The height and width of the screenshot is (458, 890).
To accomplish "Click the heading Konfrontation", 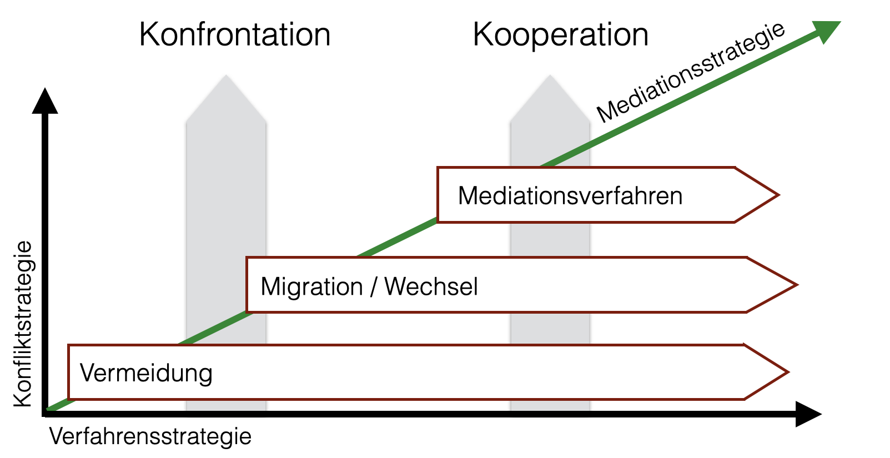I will [x=235, y=35].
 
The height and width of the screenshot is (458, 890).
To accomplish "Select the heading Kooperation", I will [x=560, y=35].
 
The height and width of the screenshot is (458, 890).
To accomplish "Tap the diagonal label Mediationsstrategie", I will [x=691, y=72].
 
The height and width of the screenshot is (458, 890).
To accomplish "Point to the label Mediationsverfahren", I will [x=570, y=196].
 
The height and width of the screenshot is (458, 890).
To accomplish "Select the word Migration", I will [x=311, y=287].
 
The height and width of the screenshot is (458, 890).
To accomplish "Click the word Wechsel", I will [x=431, y=287].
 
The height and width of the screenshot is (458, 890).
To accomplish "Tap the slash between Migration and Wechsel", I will [x=374, y=287].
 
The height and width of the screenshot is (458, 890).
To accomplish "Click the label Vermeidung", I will [x=146, y=373].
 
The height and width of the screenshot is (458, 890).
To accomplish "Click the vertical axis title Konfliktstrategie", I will [x=23, y=324].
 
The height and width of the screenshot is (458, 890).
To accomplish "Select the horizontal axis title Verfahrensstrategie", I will [x=150, y=436].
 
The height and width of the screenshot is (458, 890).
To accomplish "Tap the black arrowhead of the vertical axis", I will [x=45, y=101].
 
